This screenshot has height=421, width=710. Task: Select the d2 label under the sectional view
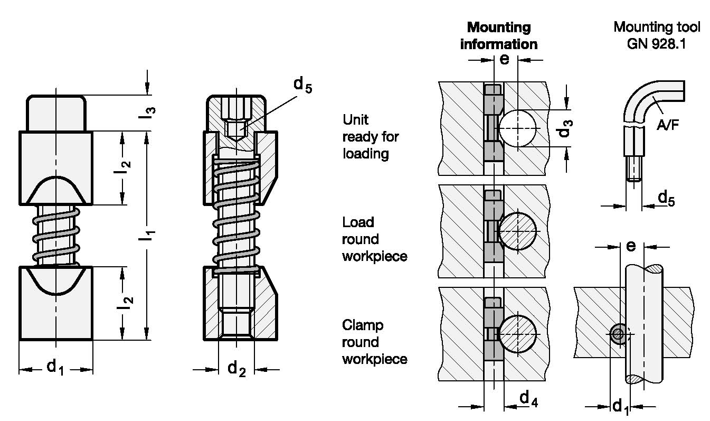[236, 368]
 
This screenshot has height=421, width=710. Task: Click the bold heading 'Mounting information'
[498, 35]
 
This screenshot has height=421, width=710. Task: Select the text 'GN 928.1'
[656, 44]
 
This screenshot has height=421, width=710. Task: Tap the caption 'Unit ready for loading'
[371, 137]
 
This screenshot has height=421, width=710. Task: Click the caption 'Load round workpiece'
[375, 239]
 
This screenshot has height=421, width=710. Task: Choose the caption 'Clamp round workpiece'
[375, 342]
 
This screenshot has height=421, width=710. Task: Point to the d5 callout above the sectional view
[302, 85]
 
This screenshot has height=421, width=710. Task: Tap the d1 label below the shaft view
[621, 406]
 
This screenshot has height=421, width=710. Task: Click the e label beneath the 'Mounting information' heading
[504, 59]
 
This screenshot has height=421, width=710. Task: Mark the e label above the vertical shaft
[630, 246]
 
